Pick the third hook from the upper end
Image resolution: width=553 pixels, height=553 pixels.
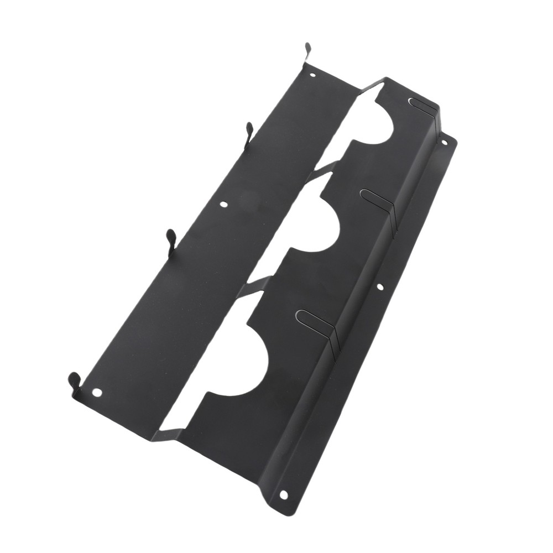point(171,239)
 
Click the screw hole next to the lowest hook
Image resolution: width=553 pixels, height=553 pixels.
point(97,392)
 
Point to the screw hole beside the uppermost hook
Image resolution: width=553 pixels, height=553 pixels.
point(313,74)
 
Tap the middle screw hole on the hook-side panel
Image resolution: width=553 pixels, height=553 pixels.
point(223,204)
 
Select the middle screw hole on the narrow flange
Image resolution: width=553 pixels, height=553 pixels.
point(379,287)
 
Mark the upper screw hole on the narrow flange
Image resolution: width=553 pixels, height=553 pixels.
point(444,142)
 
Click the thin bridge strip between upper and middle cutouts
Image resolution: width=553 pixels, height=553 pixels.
point(321,168)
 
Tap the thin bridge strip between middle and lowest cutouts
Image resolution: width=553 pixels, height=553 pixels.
point(258,285)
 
